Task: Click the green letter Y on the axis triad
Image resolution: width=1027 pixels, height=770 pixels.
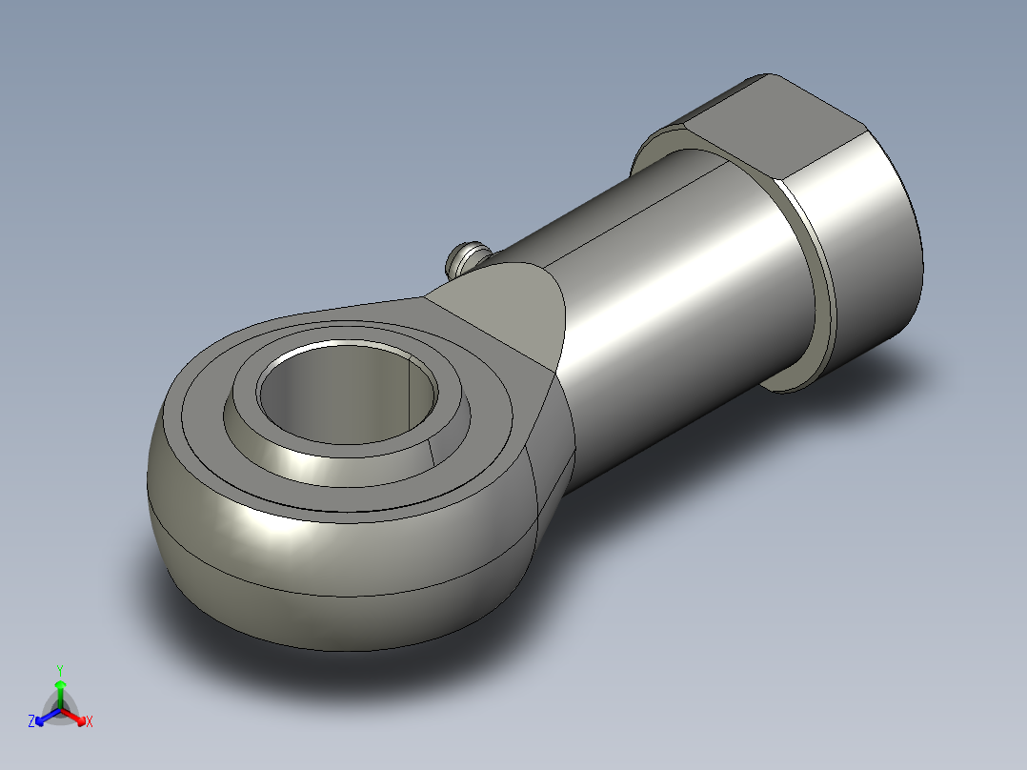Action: (x=60, y=670)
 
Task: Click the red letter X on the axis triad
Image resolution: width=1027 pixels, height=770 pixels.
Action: (x=90, y=721)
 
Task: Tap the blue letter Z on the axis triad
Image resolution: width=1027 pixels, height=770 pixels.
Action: (x=30, y=720)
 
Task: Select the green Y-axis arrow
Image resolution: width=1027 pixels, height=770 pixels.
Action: (x=60, y=694)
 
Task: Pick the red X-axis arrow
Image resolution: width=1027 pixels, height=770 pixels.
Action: (x=73, y=716)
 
